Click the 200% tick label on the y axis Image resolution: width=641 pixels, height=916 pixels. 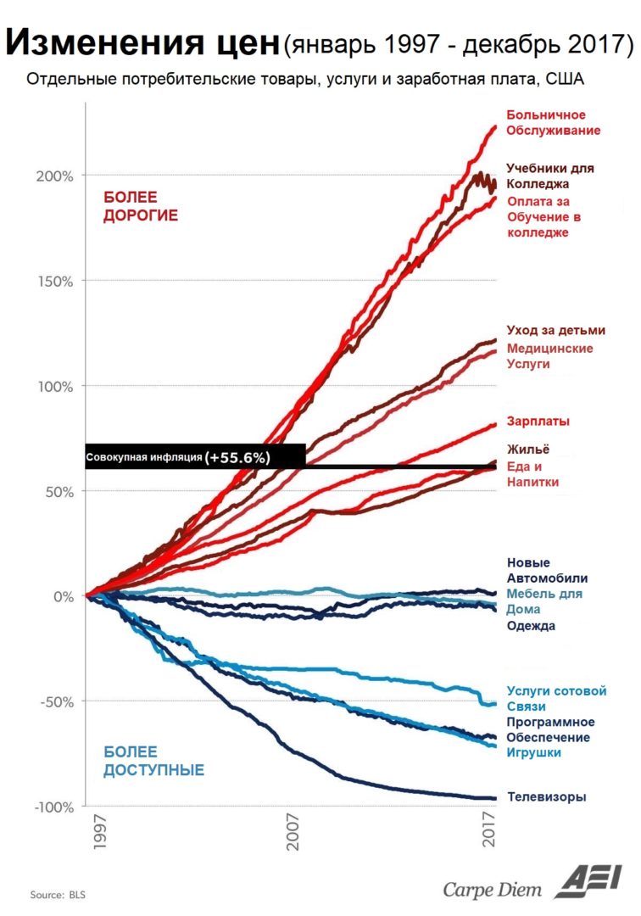click(x=55, y=176)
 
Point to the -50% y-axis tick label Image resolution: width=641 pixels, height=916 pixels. click(x=55, y=701)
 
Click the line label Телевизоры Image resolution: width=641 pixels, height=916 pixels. click(x=546, y=797)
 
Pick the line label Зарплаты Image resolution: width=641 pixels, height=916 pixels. click(x=538, y=421)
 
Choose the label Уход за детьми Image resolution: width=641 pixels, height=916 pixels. click(x=555, y=330)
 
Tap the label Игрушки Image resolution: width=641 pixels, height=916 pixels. click(x=533, y=752)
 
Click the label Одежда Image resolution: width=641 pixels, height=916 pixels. click(x=531, y=626)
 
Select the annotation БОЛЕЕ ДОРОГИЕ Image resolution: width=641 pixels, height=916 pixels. click(x=141, y=206)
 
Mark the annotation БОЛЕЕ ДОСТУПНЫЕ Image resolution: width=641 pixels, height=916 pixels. click(x=153, y=761)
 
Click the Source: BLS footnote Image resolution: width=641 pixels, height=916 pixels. click(x=59, y=895)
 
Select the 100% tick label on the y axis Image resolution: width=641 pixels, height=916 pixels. click(x=55, y=386)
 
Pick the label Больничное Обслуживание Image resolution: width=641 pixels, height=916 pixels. click(x=553, y=122)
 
